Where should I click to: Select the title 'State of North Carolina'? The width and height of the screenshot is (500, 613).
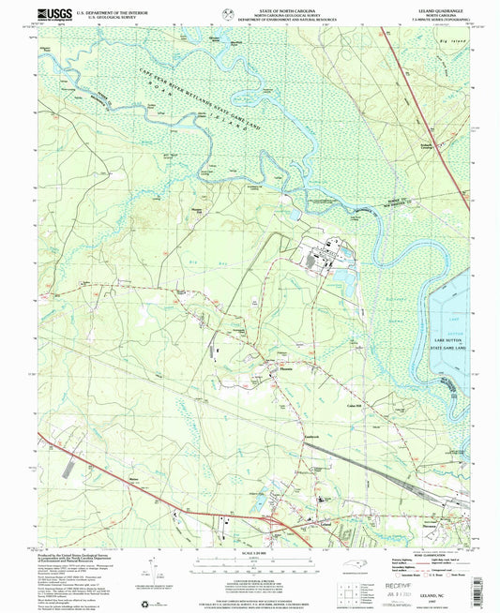250,7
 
